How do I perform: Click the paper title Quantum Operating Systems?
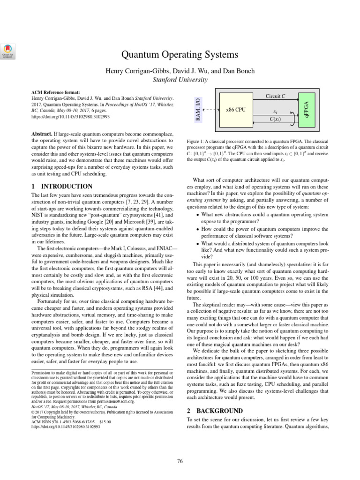pos(180,55)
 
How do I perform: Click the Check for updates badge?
pos(8,51)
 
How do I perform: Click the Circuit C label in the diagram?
pos(275,96)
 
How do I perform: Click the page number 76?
pos(180,461)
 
